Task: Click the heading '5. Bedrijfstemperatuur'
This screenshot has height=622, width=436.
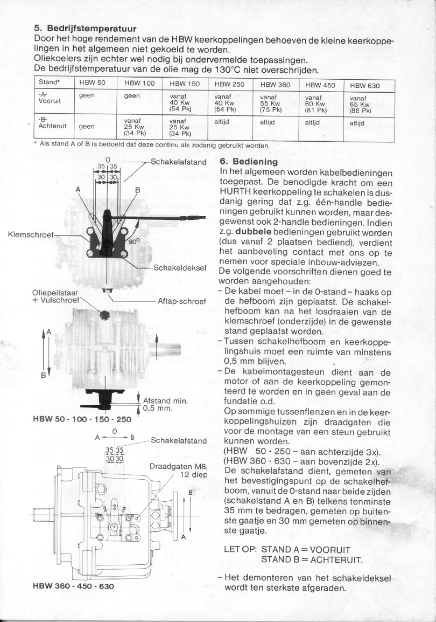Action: pos(85,28)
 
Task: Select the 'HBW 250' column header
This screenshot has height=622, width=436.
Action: pos(229,85)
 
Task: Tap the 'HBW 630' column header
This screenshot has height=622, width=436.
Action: pos(364,85)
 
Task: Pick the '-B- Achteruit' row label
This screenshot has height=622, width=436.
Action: pos(51,123)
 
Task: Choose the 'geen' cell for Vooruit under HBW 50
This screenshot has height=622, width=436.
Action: pos(87,95)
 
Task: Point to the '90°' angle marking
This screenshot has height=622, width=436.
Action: pos(133,242)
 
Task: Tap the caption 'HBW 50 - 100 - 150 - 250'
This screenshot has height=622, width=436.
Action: pos(82,419)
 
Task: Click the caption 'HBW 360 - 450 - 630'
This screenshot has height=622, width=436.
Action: pos(74,585)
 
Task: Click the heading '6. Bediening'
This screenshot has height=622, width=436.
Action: pos(249,162)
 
